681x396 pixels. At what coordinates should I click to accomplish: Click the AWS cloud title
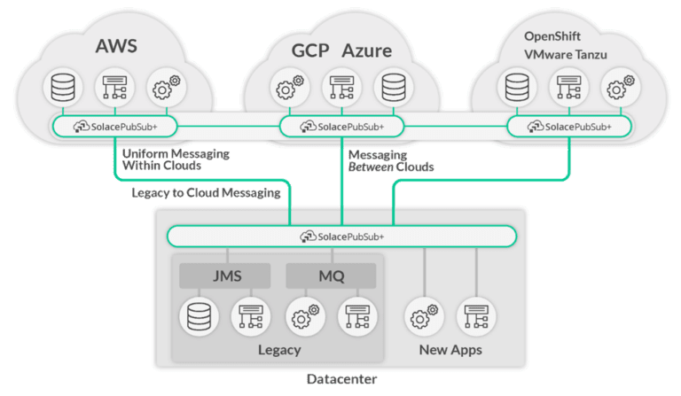click(x=116, y=43)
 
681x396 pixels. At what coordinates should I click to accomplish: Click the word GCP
click(x=311, y=50)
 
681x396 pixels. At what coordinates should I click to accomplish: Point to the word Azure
click(x=367, y=50)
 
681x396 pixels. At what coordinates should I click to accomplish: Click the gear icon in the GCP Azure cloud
click(x=286, y=87)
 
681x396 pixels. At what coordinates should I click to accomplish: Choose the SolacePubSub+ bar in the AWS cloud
click(x=117, y=127)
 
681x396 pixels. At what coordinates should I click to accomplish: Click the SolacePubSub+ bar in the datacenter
click(x=341, y=237)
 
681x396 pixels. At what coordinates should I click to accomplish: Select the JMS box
click(x=224, y=276)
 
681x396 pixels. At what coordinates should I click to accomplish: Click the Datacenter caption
click(x=340, y=380)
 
